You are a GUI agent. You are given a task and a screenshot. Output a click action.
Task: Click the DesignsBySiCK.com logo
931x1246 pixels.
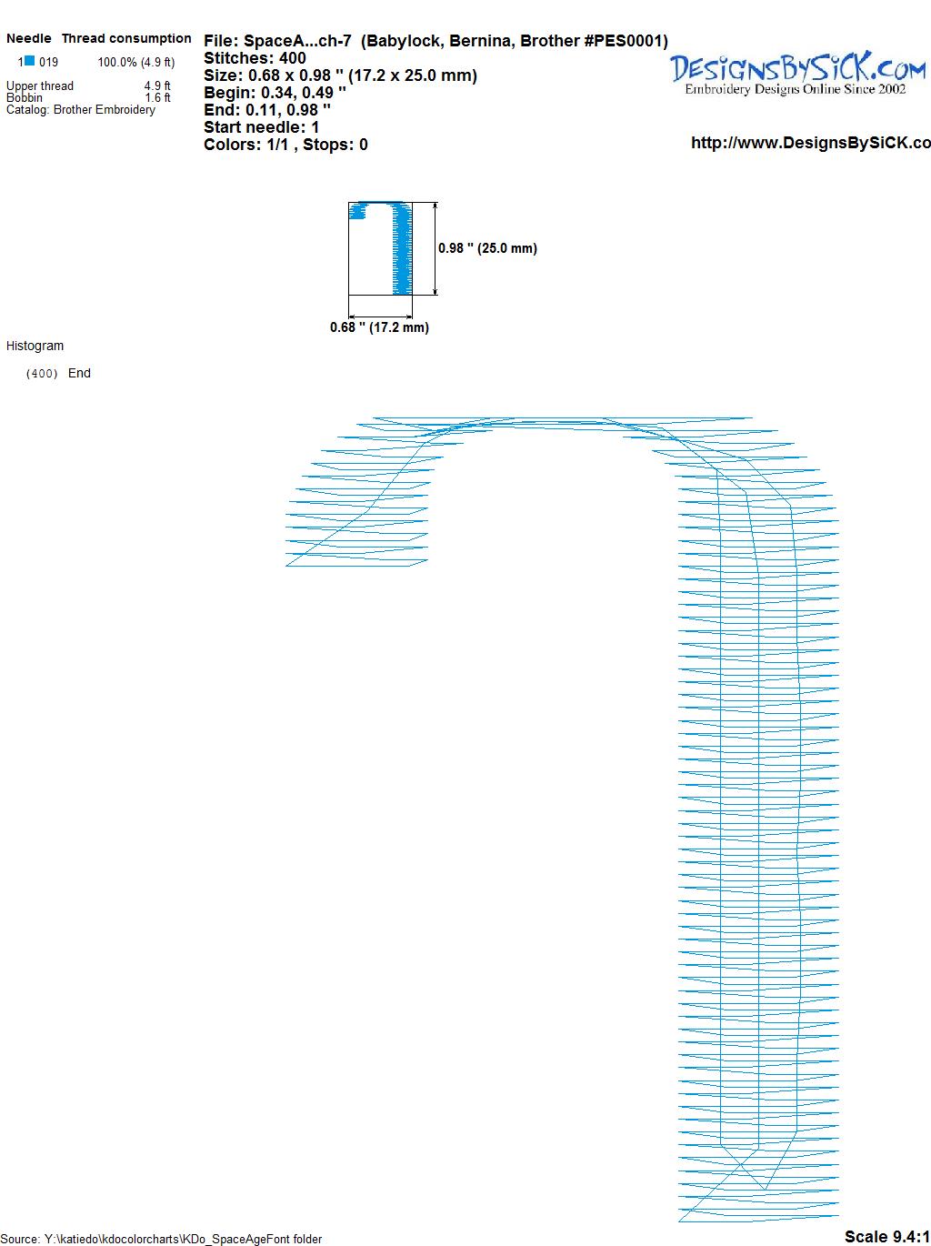point(797,74)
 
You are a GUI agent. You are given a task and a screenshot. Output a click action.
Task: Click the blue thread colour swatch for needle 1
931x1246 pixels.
point(29,61)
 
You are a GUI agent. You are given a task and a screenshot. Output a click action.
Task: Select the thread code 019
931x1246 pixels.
point(49,62)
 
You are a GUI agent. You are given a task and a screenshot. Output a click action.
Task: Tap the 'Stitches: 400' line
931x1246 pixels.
point(255,58)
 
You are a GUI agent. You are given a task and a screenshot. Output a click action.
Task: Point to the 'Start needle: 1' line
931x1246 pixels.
point(261,127)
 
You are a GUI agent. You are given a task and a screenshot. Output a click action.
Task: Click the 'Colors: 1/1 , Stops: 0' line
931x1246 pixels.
point(285,145)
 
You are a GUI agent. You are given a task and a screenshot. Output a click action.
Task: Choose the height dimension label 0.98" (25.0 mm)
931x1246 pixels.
point(487,248)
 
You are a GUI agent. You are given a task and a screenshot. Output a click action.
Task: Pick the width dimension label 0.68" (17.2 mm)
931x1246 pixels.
point(379,327)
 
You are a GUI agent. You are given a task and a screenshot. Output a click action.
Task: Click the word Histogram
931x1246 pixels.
point(35,346)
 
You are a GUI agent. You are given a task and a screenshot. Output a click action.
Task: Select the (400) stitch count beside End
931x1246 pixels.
point(42,374)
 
